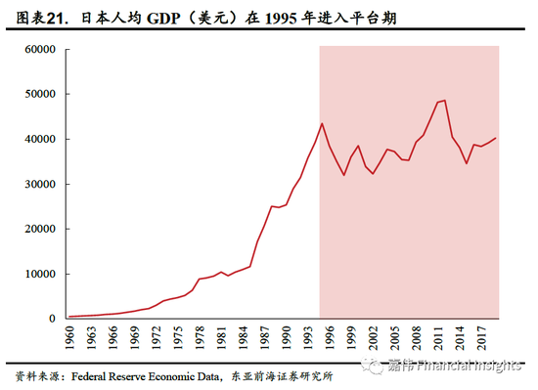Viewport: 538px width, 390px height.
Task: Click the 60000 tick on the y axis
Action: (x=36, y=49)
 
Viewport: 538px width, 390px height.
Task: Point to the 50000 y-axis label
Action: (x=36, y=94)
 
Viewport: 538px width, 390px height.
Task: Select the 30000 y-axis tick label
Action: (x=36, y=184)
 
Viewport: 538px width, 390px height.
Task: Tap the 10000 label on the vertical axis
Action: (x=36, y=274)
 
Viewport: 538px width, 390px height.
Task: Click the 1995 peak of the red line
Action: (x=322, y=123)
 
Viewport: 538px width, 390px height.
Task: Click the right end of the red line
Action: (x=497, y=138)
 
